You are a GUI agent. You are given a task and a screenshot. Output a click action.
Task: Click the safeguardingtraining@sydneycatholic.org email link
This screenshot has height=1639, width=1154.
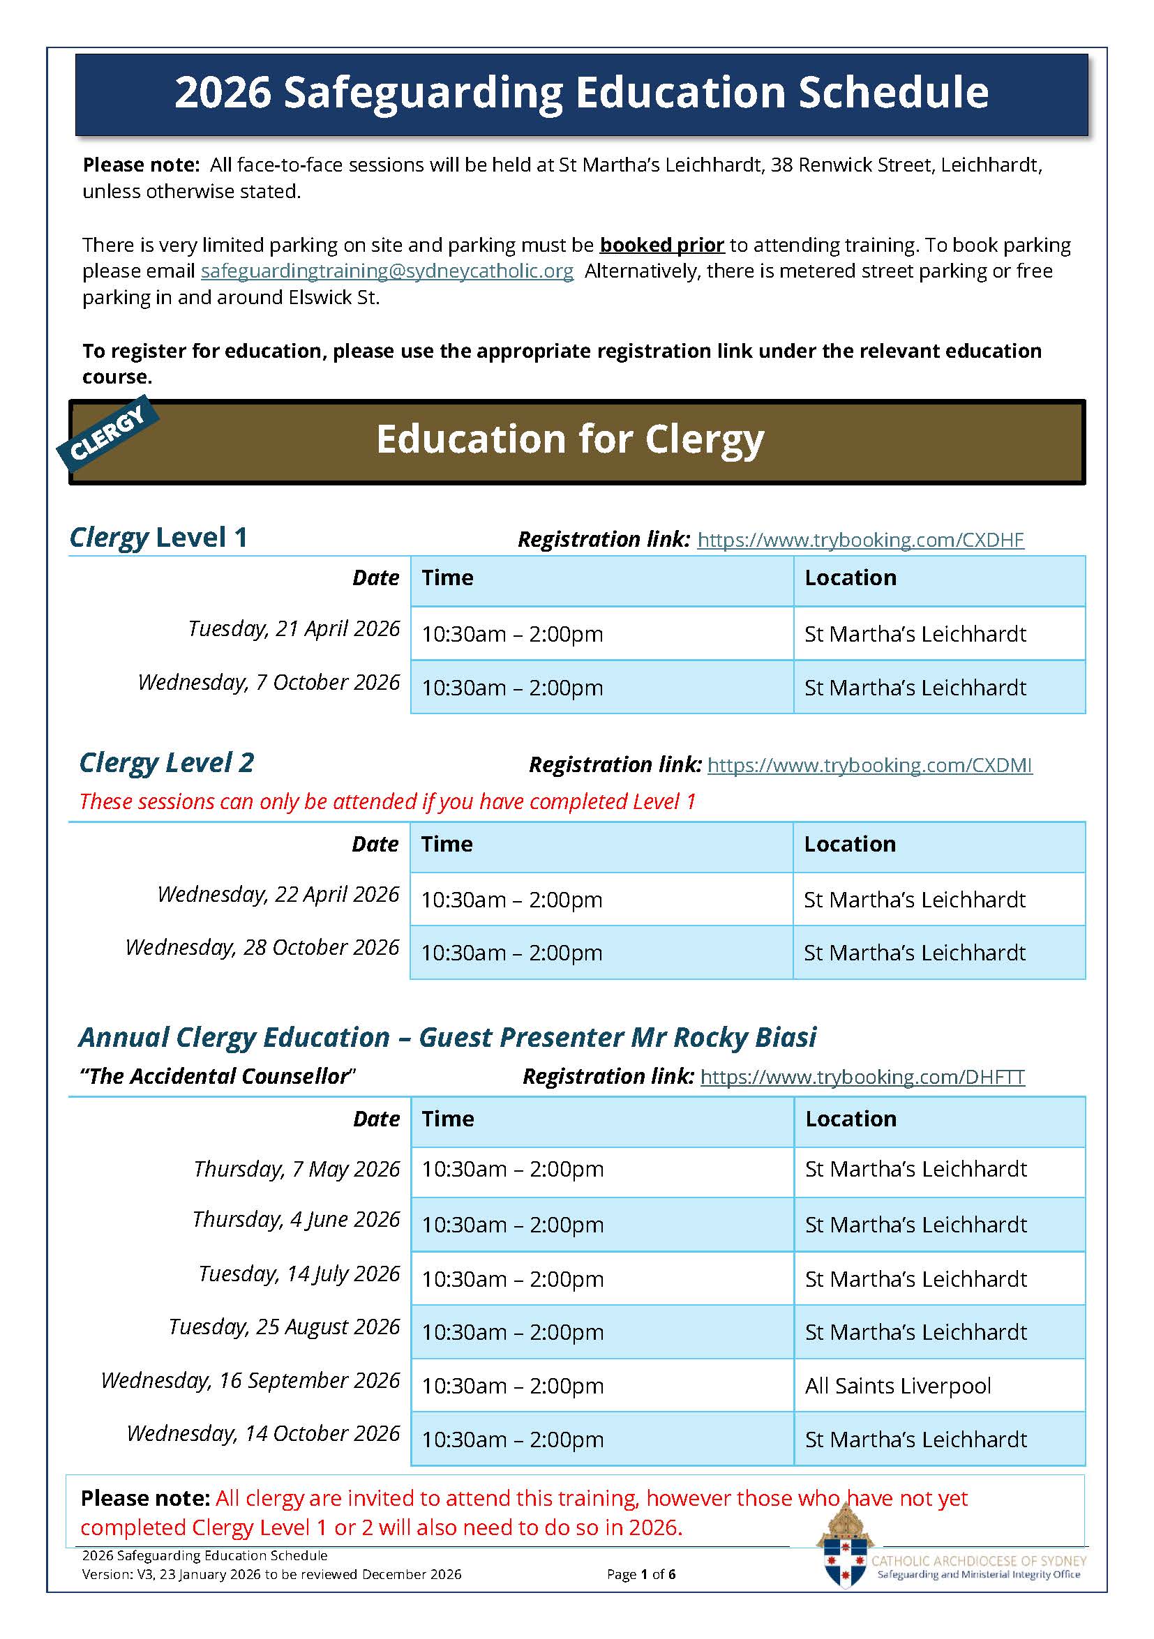tap(387, 271)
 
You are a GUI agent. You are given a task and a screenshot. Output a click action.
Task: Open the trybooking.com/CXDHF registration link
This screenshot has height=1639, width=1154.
tap(860, 540)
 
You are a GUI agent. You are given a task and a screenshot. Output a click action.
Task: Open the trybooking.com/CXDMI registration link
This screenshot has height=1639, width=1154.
tap(869, 765)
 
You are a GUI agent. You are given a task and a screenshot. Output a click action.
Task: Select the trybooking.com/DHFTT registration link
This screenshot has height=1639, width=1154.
tap(862, 1076)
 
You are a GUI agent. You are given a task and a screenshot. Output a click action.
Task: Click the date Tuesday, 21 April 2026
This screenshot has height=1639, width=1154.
tap(294, 629)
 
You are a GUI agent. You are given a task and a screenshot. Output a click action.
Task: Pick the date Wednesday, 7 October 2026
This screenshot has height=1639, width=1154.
tap(269, 682)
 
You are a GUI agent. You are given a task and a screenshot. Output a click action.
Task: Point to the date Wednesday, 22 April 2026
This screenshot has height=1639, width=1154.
tap(278, 894)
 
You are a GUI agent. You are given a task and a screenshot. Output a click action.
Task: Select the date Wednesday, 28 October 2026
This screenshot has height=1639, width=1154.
tap(262, 947)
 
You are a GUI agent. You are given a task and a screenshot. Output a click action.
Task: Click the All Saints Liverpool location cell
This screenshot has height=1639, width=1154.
tap(898, 1386)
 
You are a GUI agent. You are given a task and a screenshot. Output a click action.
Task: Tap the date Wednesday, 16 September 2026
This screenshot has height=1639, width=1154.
tap(250, 1380)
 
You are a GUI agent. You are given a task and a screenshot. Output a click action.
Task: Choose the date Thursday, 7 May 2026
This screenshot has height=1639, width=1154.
tap(297, 1170)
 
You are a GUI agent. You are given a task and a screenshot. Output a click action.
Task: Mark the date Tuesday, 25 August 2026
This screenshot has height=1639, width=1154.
tap(284, 1327)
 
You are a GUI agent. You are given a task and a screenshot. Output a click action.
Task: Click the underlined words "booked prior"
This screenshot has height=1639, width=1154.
tap(661, 245)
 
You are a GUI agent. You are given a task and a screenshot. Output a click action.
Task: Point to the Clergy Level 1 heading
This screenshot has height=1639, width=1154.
tap(158, 538)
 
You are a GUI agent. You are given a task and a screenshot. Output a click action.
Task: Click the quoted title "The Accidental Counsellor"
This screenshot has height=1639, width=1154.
tap(217, 1076)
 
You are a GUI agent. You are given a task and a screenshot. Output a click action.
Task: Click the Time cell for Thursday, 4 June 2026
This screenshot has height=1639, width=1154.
tap(512, 1225)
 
